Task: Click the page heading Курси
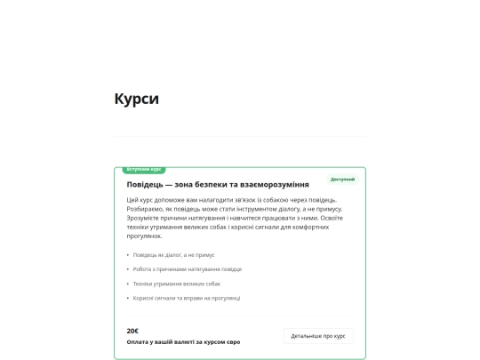136,99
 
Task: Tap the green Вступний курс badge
144,169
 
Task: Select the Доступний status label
342,180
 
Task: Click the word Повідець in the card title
146,184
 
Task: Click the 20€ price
132,331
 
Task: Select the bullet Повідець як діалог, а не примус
174,255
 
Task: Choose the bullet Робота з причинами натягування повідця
187,269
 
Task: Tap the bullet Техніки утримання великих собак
176,284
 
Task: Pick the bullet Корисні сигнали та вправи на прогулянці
187,298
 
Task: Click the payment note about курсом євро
183,342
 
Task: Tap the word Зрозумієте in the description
145,218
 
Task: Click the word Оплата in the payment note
138,342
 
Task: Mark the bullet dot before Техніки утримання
128,284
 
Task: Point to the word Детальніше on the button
305,336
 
